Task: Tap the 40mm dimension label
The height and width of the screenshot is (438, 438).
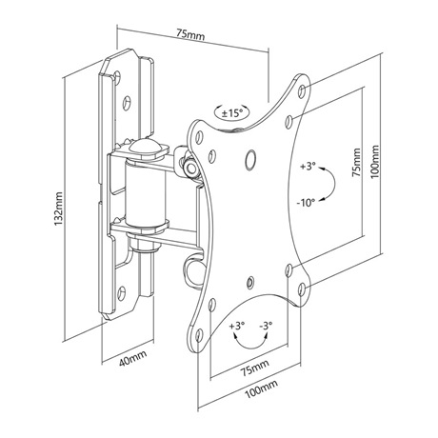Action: (133, 358)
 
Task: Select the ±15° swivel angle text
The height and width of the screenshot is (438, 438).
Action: (232, 113)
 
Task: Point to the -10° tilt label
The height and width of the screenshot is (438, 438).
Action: (306, 202)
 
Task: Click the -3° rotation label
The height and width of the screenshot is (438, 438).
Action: (266, 326)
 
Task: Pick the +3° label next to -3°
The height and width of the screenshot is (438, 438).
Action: (237, 326)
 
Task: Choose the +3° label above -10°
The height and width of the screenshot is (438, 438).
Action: (309, 166)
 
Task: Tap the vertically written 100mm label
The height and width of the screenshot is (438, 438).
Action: (375, 162)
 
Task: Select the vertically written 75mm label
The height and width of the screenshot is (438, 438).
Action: (356, 162)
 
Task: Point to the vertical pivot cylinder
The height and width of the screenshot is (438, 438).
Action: (146, 191)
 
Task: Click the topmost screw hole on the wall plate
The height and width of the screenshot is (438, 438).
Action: (117, 76)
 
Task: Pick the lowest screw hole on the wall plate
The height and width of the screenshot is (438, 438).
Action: (122, 292)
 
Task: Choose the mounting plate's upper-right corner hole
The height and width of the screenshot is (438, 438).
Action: (302, 90)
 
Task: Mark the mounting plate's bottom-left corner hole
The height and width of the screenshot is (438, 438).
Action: (199, 335)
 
